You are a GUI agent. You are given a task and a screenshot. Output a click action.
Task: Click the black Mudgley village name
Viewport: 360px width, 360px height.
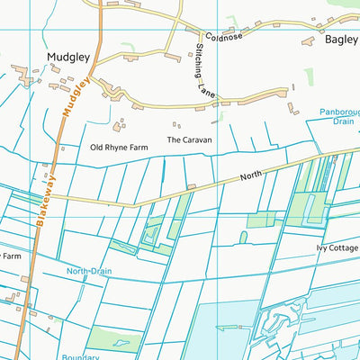coord(68,58)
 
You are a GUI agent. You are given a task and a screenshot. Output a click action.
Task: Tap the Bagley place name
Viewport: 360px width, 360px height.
coord(341,40)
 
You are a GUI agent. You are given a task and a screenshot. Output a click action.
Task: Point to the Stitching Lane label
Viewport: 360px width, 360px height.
coord(205,68)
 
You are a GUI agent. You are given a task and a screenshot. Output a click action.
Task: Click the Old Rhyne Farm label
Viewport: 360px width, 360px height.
coord(118,147)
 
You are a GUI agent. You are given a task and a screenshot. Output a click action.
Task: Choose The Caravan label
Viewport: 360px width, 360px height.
coord(189,140)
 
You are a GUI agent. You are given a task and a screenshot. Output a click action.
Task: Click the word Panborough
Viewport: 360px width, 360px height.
coord(339,113)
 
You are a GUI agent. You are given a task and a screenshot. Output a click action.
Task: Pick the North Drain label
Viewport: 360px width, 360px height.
coord(89,270)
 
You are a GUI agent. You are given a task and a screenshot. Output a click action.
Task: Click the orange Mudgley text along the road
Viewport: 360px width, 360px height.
coord(75,97)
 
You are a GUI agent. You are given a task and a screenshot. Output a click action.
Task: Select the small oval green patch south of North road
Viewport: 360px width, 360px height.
coord(243,238)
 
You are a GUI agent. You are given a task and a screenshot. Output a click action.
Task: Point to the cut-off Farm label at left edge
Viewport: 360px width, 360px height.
coord(10,256)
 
